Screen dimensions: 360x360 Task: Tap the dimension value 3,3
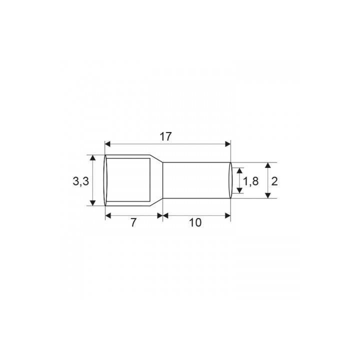coord(80,181)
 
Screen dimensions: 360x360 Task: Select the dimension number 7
coord(133,223)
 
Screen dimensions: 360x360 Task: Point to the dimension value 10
coord(195,223)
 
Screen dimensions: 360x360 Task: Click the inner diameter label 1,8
coord(250,181)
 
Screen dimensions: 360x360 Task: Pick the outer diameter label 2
coord(274,181)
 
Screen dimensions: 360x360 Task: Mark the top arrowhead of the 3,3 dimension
coord(93,158)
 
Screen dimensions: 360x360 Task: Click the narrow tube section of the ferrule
coord(197,180)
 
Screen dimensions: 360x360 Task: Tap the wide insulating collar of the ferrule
coord(127,180)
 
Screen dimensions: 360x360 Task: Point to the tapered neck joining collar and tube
coord(157,180)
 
